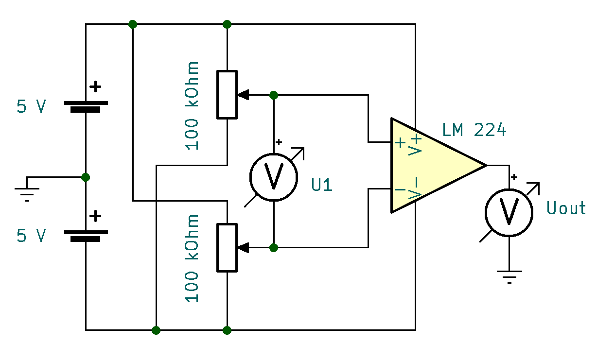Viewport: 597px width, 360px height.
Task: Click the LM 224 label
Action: point(474,131)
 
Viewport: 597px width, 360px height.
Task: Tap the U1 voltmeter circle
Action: point(274,177)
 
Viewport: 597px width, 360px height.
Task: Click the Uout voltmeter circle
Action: point(509,212)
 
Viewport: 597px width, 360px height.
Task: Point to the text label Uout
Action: point(566,208)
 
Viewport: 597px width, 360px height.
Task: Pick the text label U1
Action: point(322,185)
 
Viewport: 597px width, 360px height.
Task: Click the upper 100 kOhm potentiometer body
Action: point(227,95)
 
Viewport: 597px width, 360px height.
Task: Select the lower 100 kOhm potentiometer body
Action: point(227,247)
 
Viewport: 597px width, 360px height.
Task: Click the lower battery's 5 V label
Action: point(32,236)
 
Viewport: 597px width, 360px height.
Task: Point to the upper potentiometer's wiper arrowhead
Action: point(243,95)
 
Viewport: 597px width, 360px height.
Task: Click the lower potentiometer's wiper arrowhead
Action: point(243,248)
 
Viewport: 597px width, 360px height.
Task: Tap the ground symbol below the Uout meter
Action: point(509,277)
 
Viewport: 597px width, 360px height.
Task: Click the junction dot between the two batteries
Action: point(86,177)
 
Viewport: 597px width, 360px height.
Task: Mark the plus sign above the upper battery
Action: point(96,87)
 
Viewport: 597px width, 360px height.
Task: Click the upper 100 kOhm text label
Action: point(193,106)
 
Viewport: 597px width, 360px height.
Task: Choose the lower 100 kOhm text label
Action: point(193,258)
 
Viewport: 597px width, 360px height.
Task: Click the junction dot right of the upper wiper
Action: point(274,95)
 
